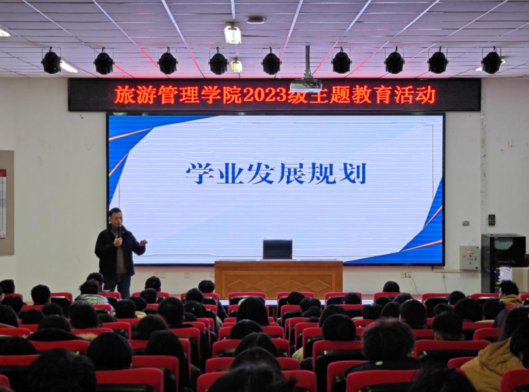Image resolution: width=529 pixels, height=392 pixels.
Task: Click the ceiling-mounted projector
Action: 306,85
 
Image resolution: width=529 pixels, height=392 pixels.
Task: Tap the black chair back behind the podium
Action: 277,250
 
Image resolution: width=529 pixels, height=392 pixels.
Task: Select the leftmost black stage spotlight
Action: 51,61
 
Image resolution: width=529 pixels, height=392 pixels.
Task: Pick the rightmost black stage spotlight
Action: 491,61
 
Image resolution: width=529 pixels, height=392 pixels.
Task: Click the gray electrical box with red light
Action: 470,257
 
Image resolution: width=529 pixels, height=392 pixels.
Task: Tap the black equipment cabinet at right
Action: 503,263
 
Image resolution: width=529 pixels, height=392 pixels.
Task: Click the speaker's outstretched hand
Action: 144,242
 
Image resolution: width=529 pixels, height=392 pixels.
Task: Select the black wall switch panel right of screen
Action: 492,220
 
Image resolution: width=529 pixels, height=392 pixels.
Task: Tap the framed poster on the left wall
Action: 7,203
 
